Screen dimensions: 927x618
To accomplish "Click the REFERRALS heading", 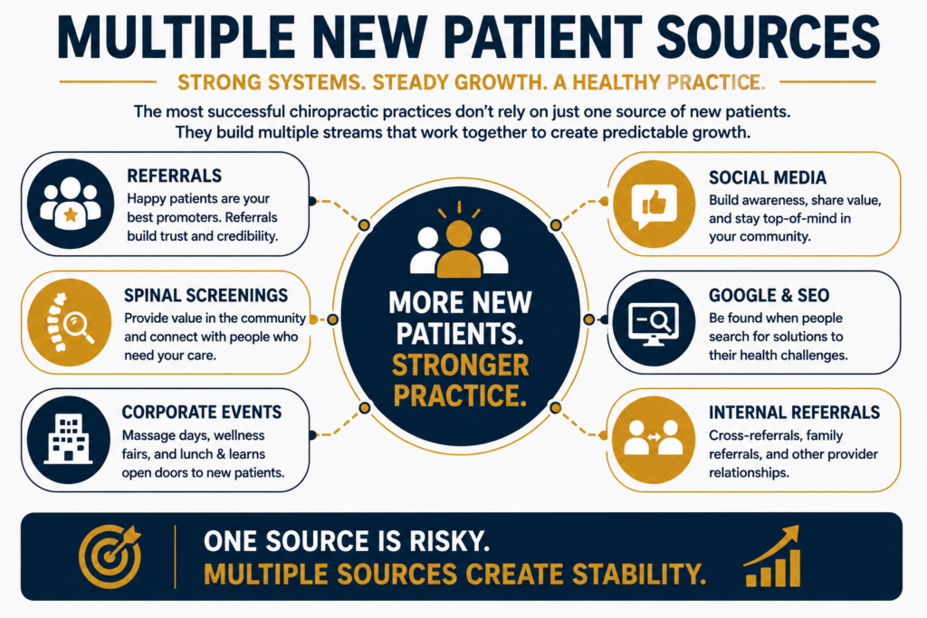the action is point(175,176).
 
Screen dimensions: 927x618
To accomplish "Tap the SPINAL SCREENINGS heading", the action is point(205,295).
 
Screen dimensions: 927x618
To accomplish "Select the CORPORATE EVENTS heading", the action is point(202,412).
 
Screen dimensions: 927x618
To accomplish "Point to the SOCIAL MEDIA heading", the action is point(768,177).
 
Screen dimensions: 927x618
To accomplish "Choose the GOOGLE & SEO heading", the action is point(769,295).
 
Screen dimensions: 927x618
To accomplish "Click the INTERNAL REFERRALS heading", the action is point(794,412).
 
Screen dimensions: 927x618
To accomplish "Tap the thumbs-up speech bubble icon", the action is point(654,204).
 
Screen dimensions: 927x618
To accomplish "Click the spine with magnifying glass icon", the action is point(70,323).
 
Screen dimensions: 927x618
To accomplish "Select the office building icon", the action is point(69,439).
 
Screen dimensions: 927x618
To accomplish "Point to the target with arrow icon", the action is point(110,556).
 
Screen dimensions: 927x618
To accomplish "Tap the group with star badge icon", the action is point(70,203).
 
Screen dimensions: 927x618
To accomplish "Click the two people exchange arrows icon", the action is point(654,438).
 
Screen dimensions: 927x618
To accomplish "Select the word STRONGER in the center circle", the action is point(460,366).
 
